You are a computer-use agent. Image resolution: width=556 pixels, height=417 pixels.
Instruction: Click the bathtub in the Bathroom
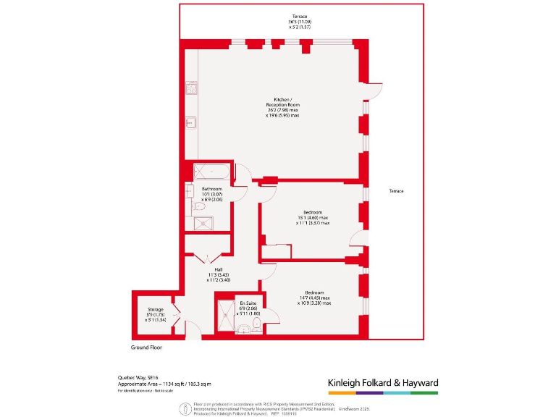point(211,172)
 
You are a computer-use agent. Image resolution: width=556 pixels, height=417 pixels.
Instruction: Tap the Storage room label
point(155,309)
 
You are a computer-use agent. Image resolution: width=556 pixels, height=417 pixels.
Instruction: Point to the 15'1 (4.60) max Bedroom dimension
point(312,218)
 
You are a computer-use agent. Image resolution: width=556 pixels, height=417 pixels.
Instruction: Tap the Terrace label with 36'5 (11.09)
point(299,22)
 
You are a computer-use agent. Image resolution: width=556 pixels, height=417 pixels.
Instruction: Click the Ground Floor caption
point(146,347)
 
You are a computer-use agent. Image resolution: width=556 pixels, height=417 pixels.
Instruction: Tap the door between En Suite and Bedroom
point(271,313)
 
